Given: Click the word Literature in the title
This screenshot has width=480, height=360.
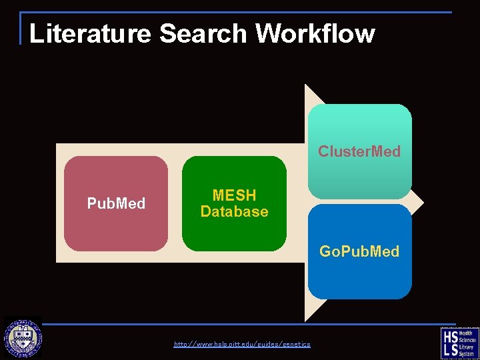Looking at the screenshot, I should point(90,33).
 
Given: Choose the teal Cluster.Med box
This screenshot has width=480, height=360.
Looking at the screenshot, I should point(360,127).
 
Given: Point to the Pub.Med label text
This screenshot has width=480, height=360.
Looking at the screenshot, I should point(116,203).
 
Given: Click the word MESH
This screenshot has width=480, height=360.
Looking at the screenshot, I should point(234,195).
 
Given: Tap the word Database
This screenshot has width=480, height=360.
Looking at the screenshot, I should point(234,212).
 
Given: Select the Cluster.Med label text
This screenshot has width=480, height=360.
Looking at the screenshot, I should point(359,151).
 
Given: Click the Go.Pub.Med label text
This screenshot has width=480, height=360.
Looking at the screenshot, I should point(359,251).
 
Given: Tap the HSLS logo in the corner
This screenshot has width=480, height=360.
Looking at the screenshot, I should point(459,343).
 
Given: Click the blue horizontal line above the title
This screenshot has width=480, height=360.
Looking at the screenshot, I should point(240,12).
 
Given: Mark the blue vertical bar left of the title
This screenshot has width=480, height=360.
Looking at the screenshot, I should point(21,28).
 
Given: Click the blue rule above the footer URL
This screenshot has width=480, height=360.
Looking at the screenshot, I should point(240,325).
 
